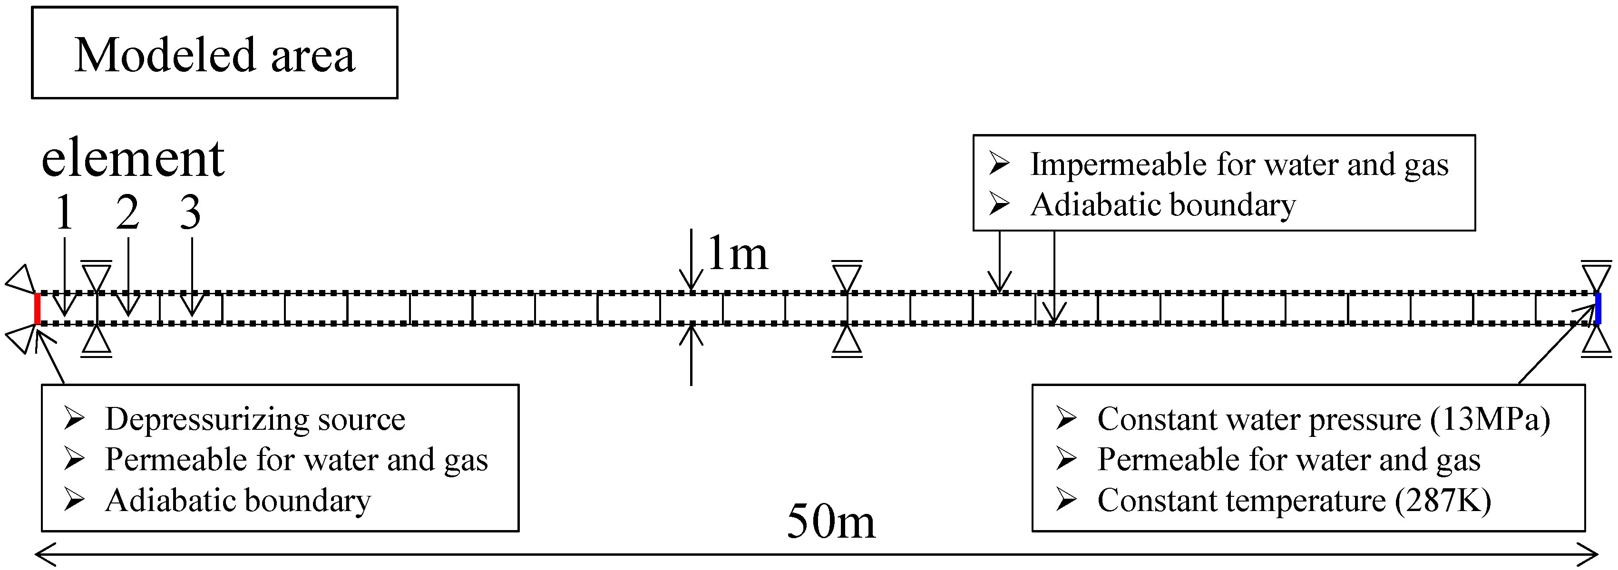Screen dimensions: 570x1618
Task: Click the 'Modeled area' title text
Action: [215, 55]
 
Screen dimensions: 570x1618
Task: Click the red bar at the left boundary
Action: [38, 308]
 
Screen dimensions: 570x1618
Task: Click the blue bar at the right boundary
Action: [1597, 308]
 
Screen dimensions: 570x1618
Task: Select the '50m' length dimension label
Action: [830, 521]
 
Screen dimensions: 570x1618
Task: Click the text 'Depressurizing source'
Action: [254, 419]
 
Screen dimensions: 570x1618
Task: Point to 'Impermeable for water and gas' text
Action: [1238, 164]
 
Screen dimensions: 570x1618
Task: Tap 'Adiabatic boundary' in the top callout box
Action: [1163, 205]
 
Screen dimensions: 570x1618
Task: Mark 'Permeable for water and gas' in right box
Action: [1288, 460]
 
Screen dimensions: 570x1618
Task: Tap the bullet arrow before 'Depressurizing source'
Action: [74, 419]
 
